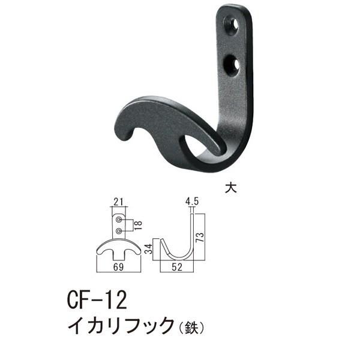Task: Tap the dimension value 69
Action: (x=119, y=264)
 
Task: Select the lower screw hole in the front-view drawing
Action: (x=119, y=230)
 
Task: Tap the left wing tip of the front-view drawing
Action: (x=98, y=253)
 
